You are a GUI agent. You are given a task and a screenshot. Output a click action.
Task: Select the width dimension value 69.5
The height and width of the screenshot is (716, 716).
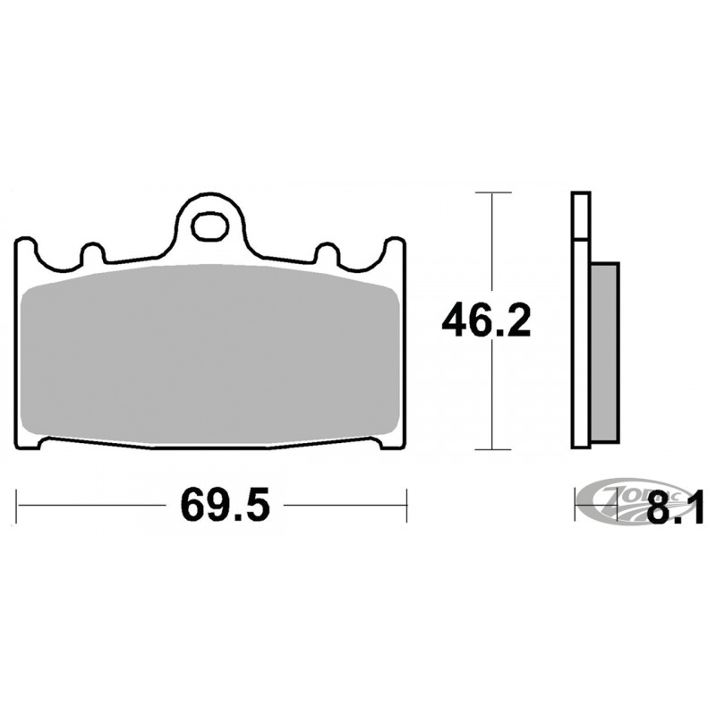[x=225, y=507]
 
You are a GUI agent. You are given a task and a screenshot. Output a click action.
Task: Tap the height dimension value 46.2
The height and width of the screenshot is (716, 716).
[x=486, y=320]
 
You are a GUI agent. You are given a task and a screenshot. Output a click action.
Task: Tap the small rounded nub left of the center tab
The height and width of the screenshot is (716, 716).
[x=90, y=252]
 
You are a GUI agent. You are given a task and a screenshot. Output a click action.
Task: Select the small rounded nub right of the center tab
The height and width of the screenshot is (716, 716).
[x=328, y=252]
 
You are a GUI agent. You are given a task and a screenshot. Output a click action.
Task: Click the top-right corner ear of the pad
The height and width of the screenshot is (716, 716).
[x=394, y=249]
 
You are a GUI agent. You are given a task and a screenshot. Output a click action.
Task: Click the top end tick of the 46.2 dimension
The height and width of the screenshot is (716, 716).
[x=491, y=192]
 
